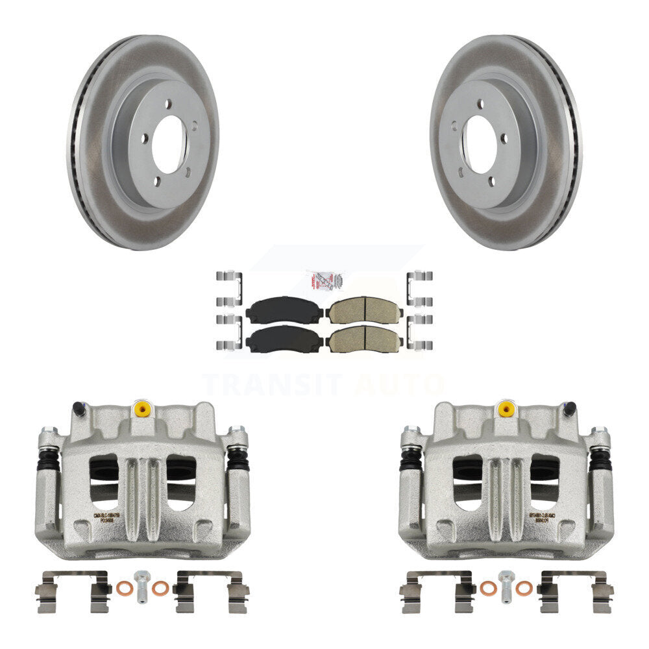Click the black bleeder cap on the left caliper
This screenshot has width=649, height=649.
coord(79,408)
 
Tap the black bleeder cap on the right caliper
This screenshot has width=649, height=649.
coord(569,408)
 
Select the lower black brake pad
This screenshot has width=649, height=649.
coord(284,339)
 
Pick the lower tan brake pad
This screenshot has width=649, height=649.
coord(364,339)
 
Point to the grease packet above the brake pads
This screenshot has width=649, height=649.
coord(324,281)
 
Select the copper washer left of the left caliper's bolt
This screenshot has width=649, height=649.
coord(123,589)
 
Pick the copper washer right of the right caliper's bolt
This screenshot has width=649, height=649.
coord(523,589)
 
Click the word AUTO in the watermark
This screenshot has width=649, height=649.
coord(398,385)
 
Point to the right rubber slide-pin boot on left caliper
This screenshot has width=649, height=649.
coord(238,459)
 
